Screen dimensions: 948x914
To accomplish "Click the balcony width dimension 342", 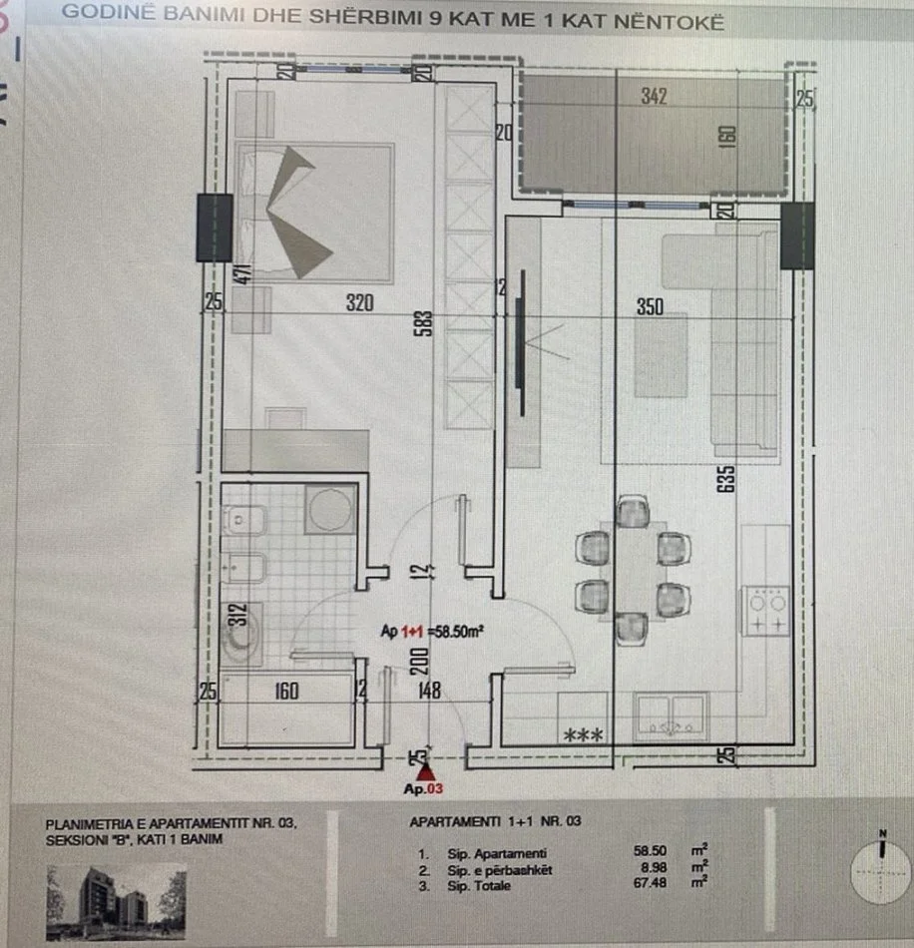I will pos(655,97).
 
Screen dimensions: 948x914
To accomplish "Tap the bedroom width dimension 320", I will pos(359,304).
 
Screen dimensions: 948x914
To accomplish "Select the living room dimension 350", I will pos(650,307).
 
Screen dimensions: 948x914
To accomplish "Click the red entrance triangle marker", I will pos(426,771).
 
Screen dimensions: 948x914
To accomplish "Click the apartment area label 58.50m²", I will pos(432,631).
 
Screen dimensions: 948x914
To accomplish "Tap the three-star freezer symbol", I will pos(582,736).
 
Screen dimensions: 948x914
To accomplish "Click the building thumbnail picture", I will pos(116,902).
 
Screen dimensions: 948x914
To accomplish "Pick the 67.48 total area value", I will pos(650,882).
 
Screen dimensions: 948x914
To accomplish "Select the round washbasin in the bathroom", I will pos(330,510).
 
